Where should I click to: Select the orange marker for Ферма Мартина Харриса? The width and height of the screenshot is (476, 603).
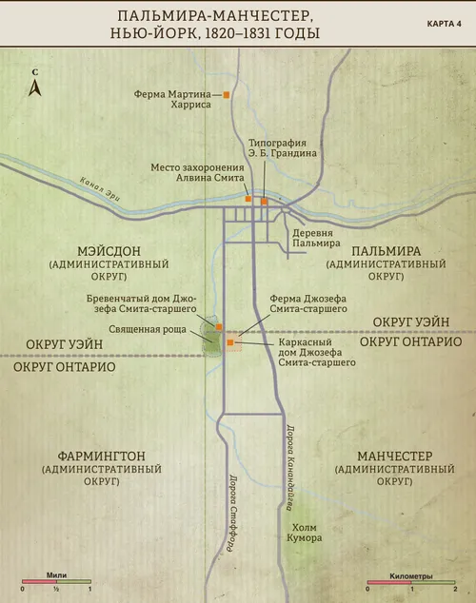(x=227, y=95)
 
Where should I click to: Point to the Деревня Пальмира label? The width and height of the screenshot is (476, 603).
(x=316, y=236)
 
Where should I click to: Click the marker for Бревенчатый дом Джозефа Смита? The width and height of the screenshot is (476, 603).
(x=220, y=325)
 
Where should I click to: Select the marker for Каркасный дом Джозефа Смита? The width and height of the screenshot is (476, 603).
(x=229, y=340)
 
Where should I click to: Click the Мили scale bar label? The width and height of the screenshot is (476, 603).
(x=57, y=574)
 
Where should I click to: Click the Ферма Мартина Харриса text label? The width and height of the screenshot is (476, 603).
(x=177, y=100)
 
